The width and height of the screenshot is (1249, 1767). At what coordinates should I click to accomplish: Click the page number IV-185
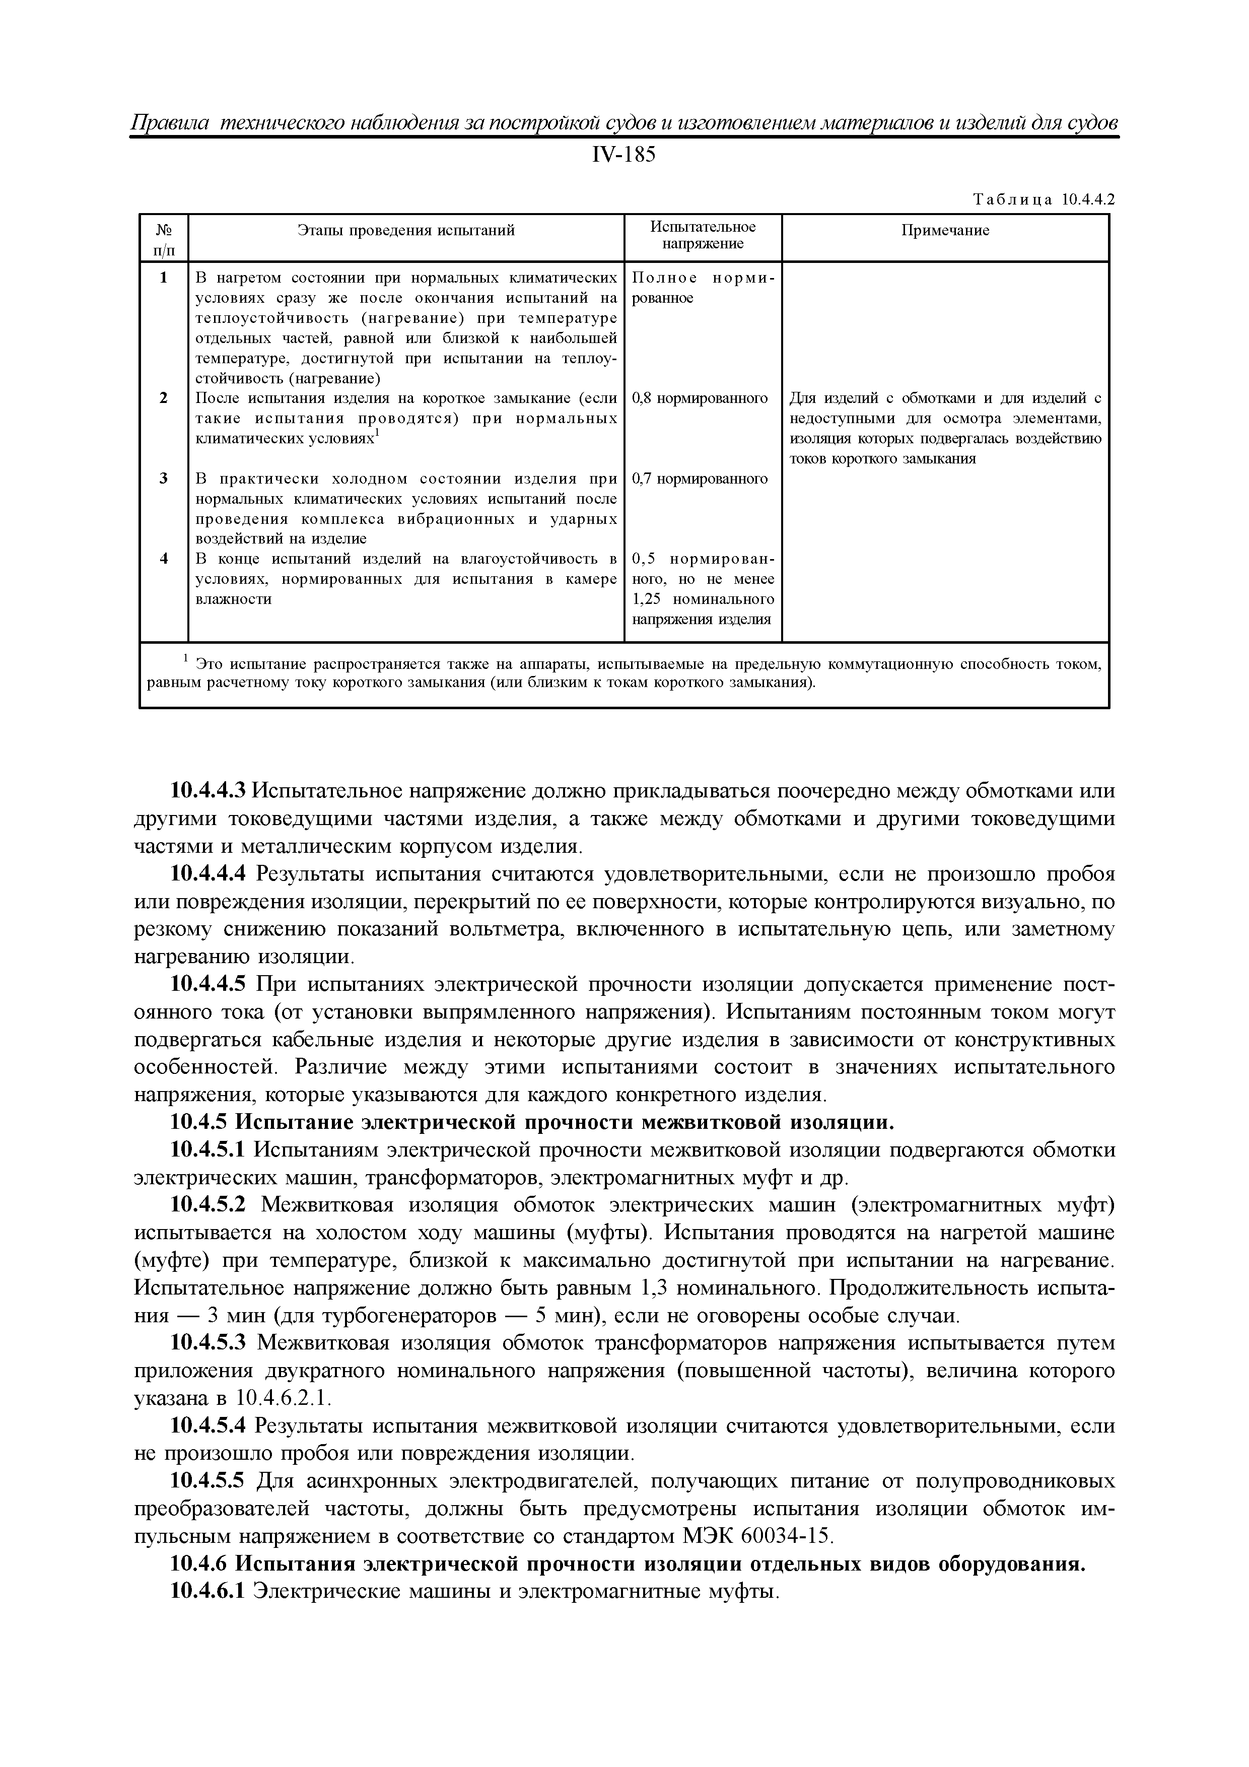623,156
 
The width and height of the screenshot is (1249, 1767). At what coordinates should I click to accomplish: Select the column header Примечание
945,231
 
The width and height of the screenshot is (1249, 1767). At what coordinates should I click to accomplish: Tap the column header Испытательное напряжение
703,236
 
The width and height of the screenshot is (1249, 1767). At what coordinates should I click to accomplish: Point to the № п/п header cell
164,239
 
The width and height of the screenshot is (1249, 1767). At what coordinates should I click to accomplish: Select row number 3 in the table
164,479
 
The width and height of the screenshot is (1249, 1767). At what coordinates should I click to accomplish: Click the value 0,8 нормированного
700,398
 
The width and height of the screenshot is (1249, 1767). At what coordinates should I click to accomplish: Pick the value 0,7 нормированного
700,479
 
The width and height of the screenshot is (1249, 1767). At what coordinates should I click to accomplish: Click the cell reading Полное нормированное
703,288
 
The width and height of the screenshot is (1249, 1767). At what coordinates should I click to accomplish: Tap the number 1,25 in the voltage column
649,599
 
